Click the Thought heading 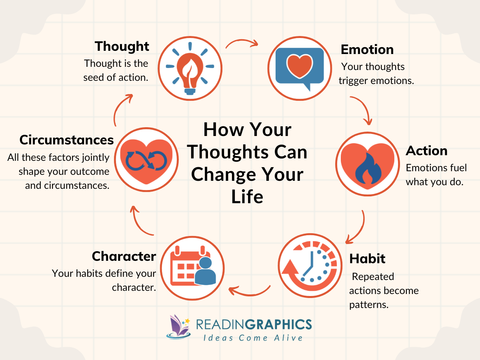click(x=122, y=46)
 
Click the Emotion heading click(x=367, y=50)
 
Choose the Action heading click(x=426, y=151)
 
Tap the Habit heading click(x=367, y=258)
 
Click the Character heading click(x=124, y=256)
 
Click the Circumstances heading click(x=67, y=140)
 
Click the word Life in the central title click(x=247, y=197)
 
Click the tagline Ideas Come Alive click(x=253, y=338)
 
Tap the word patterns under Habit click(x=368, y=304)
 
